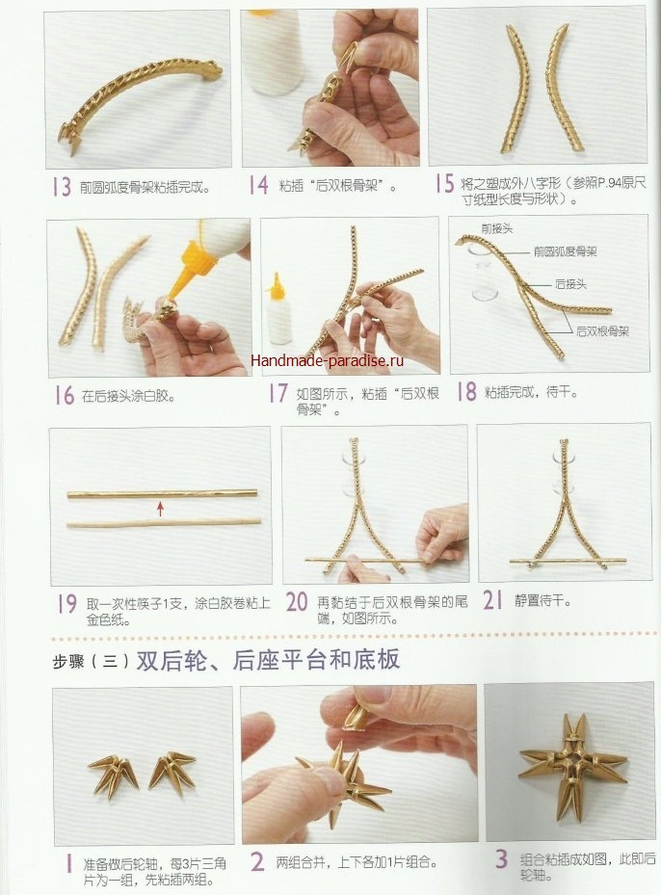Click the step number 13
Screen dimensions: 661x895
pyautogui.click(x=61, y=187)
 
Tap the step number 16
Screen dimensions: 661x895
pyautogui.click(x=64, y=395)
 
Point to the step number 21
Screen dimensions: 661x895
pyautogui.click(x=492, y=600)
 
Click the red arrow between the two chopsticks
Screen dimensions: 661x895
pyautogui.click(x=160, y=509)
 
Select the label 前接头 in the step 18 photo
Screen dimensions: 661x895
pyautogui.click(x=496, y=229)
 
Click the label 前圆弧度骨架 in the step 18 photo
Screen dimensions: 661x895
pyautogui.click(x=566, y=251)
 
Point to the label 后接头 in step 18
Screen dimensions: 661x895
pyautogui.click(x=570, y=284)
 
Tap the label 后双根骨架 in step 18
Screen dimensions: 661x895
pyautogui.click(x=603, y=331)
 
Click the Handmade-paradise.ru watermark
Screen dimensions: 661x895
pyautogui.click(x=327, y=360)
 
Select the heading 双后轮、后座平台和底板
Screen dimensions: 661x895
pyautogui.click(x=268, y=660)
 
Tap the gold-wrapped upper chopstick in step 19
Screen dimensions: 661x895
pyautogui.click(x=162, y=494)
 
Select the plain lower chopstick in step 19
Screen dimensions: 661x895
pyautogui.click(x=164, y=522)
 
